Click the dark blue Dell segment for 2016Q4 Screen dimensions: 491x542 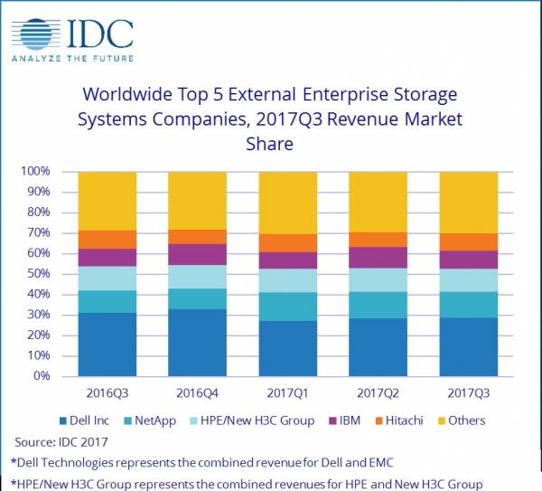coord(197,343)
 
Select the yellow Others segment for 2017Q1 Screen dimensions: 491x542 coord(287,203)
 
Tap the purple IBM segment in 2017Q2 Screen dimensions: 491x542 coord(378,258)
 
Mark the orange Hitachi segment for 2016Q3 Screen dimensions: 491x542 coord(107,240)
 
